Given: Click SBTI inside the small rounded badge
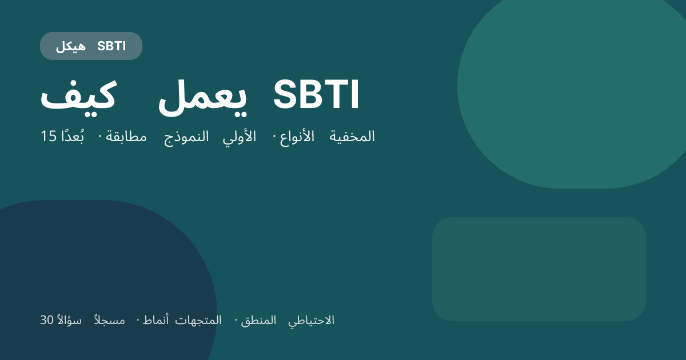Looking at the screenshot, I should point(111,46).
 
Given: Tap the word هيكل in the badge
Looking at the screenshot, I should point(70,46).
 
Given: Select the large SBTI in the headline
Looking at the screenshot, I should point(316,95).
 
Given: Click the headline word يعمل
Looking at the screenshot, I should point(202,95).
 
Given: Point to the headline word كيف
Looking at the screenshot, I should point(78,95).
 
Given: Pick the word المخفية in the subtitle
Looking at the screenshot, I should point(352,137).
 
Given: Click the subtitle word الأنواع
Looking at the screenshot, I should point(297,137).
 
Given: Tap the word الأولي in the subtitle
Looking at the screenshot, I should point(240,137).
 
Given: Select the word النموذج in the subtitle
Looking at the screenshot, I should point(186,137).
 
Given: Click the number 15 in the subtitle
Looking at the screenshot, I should point(48,137).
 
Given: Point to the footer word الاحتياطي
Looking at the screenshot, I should point(311,321).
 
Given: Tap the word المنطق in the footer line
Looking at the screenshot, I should point(258,321).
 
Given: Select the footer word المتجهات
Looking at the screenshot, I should point(198,321).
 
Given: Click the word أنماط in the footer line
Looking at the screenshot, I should point(155,321).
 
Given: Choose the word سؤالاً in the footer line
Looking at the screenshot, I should point(69,321).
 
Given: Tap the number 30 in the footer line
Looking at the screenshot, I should point(46,321).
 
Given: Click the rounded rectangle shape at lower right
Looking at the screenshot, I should point(539,269).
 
